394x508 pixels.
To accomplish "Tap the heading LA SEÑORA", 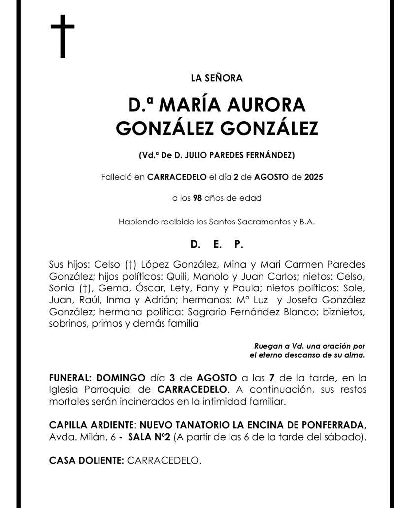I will (217, 77).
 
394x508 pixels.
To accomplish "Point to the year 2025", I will (314, 177).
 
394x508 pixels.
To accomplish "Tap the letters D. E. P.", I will (217, 244).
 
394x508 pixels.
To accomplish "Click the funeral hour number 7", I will (272, 378).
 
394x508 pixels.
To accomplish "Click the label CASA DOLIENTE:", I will (86, 461).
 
